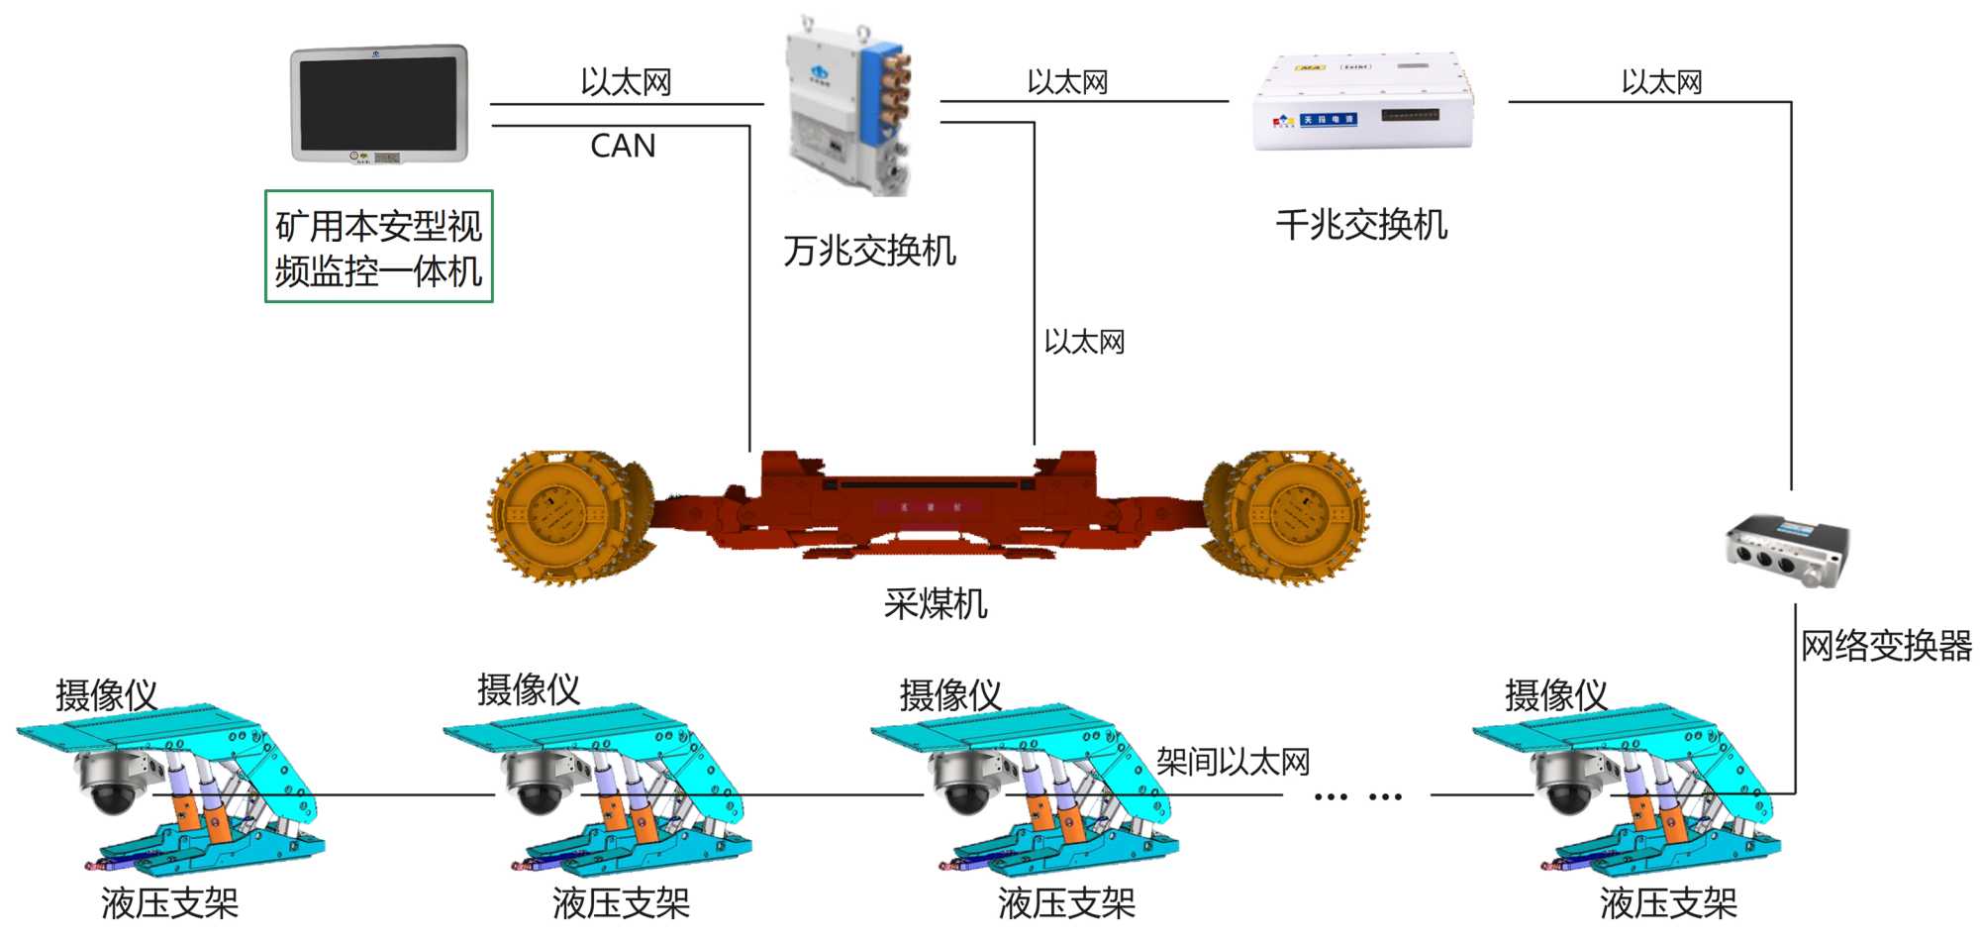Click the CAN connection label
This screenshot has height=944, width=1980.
623,147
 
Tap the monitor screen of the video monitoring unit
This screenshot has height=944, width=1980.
378,103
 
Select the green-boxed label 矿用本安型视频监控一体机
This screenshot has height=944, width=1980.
379,248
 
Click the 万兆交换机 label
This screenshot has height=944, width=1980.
869,251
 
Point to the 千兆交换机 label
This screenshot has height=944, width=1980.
1361,225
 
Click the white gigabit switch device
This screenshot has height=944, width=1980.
1363,104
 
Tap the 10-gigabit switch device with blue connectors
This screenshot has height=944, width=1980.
849,104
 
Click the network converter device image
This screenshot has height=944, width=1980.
1787,551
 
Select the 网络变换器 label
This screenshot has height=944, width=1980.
1886,646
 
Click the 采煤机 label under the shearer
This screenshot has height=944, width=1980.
936,603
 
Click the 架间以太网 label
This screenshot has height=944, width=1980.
1233,762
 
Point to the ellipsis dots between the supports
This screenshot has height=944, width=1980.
1357,796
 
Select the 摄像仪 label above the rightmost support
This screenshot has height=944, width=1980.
1555,695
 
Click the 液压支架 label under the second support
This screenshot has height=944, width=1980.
621,902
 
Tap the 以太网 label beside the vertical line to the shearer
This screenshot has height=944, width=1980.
1084,343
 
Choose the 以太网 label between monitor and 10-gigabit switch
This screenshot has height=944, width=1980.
626,82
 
